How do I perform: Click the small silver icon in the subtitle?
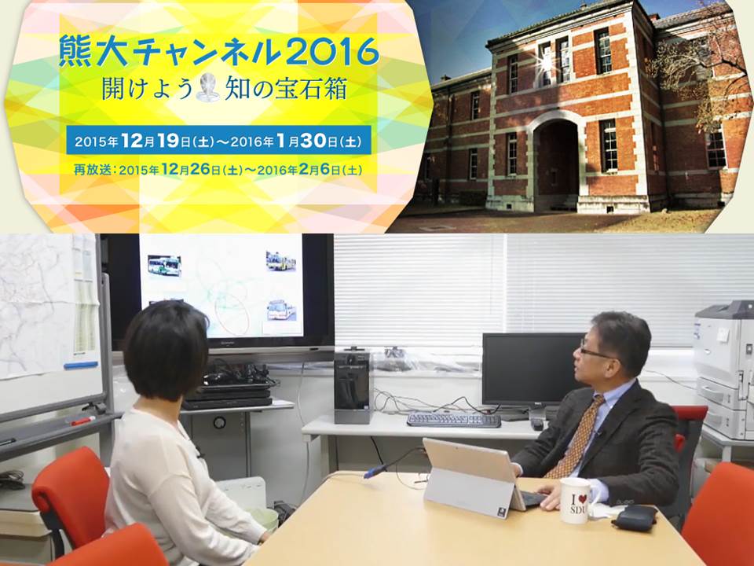[207, 88]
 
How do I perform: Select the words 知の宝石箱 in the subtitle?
[286, 89]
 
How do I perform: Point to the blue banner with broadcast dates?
[219, 140]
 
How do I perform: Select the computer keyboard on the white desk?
[453, 420]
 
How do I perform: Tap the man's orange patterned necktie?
[575, 437]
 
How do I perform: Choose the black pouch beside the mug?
[634, 517]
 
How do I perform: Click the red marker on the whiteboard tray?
[82, 421]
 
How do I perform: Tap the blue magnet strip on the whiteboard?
[81, 365]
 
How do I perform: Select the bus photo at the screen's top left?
[164, 266]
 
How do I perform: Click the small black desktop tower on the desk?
[352, 388]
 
